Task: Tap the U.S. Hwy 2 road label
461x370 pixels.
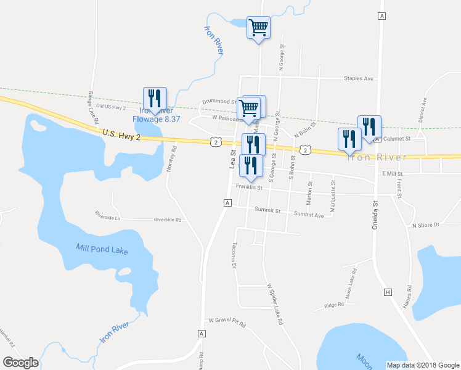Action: pos(122,134)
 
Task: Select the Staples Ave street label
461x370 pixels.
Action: pos(359,79)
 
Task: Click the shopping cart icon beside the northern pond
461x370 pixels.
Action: pos(258,28)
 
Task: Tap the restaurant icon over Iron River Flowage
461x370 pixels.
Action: pos(155,99)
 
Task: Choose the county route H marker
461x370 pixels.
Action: pos(388,292)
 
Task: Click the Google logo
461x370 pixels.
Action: pos(20,362)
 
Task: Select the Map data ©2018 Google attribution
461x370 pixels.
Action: pos(422,365)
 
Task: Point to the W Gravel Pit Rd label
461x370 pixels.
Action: pos(227,321)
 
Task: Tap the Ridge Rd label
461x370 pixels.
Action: pos(333,305)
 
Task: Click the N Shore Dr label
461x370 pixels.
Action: pos(425,225)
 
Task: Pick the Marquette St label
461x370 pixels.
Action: pos(333,197)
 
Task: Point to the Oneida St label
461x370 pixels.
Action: pos(375,215)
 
